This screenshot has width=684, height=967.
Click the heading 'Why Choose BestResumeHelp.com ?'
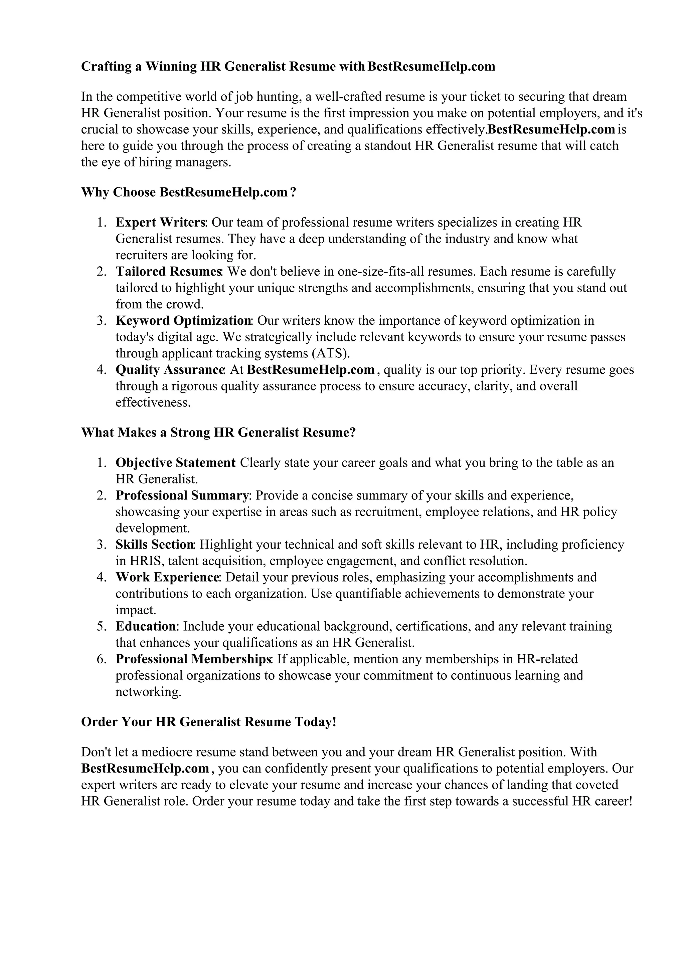tap(188, 193)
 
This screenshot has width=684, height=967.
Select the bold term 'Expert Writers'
tap(161, 222)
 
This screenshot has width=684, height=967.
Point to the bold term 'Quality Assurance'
tap(169, 370)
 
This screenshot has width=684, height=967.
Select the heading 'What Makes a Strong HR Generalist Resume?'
tap(218, 432)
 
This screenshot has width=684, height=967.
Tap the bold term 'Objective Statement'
tap(175, 462)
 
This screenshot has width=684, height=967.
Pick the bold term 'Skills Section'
tap(154, 545)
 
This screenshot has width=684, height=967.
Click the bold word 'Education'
tap(145, 626)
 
